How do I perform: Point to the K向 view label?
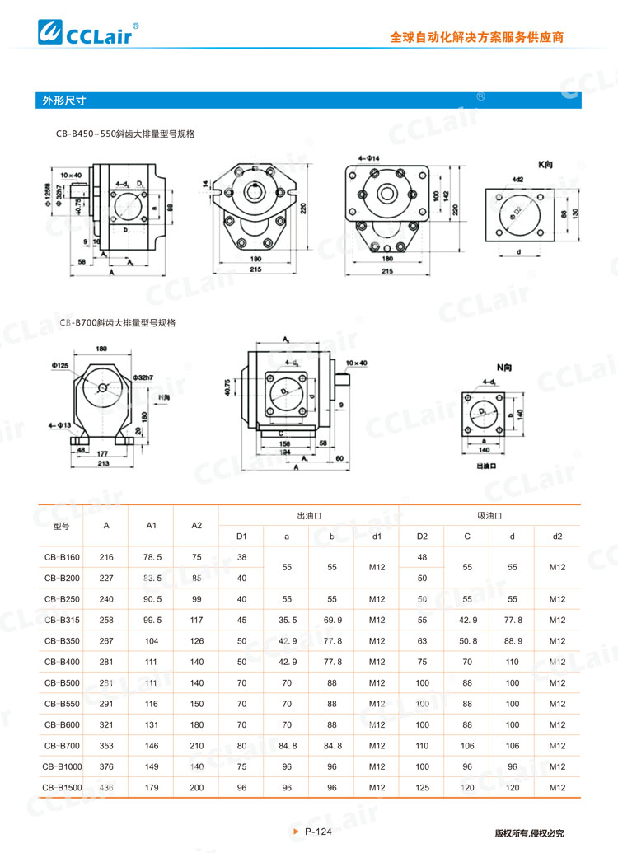(x=545, y=165)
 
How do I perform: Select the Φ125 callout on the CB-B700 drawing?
(x=59, y=364)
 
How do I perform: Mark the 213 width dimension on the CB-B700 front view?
(x=102, y=464)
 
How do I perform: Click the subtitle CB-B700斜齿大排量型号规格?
(x=118, y=323)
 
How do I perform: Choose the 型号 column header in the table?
(x=61, y=526)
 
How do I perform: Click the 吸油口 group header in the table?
(x=489, y=515)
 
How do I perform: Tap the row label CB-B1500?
(x=63, y=787)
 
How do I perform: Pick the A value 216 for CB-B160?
(x=106, y=557)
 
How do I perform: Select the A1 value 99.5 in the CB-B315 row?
(x=152, y=620)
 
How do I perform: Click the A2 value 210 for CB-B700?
(x=196, y=745)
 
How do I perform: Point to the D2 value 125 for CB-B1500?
(x=422, y=787)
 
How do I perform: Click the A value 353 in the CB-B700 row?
(x=106, y=745)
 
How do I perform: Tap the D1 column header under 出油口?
(x=241, y=537)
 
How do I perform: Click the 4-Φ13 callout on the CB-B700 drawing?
(x=59, y=425)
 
